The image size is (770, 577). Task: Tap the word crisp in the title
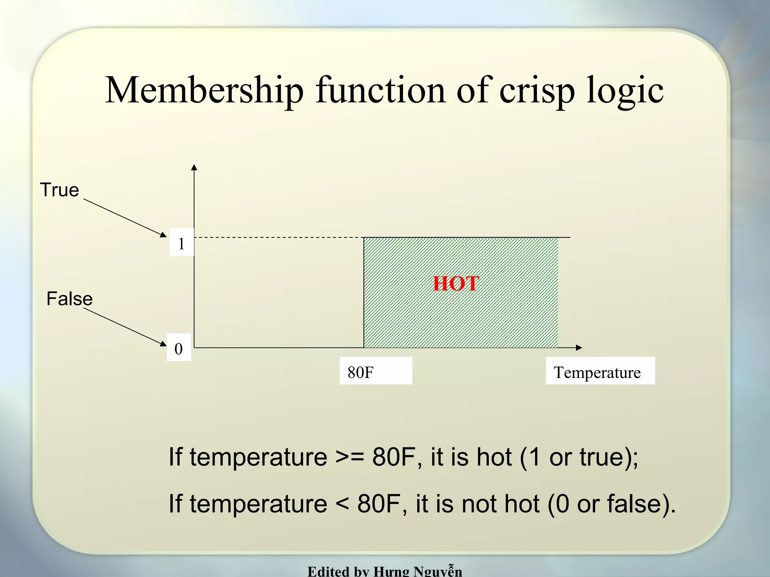(537, 91)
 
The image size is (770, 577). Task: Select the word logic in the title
(625, 91)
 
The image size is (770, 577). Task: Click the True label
(60, 190)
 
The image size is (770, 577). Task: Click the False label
(70, 299)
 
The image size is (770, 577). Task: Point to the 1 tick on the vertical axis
(181, 243)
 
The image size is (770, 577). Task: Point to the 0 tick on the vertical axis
(179, 349)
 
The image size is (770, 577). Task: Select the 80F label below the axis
(361, 372)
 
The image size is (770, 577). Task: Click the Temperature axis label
(597, 372)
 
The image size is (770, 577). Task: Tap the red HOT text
(456, 284)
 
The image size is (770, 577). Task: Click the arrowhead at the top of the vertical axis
(194, 167)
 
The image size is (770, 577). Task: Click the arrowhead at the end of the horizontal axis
(579, 348)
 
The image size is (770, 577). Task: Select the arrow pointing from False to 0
(124, 326)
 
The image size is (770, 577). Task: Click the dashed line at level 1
(278, 237)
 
